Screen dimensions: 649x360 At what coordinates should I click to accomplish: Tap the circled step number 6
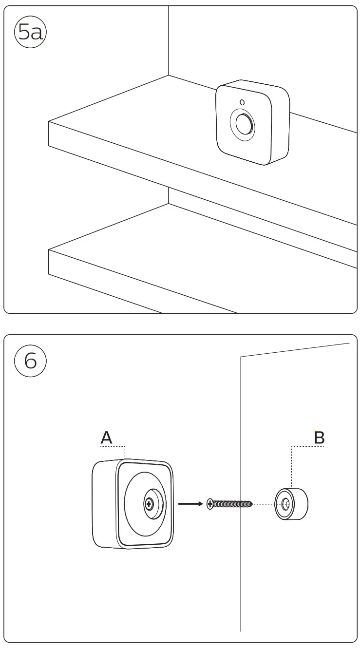[30, 362]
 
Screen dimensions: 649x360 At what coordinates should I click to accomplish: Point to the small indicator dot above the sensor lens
[242, 102]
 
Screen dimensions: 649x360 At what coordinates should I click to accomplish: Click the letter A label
[106, 438]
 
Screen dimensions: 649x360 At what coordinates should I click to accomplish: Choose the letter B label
[319, 438]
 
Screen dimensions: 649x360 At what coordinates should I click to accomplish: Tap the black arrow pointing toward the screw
[190, 504]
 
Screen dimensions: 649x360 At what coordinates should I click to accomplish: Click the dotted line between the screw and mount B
[264, 504]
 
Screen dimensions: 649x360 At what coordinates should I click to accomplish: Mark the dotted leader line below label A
[125, 451]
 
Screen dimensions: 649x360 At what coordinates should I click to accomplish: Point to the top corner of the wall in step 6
[241, 357]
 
